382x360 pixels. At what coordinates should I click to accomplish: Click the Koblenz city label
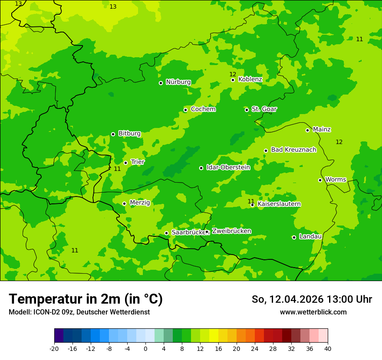point(250,79)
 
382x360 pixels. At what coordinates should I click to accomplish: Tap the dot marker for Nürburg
point(161,83)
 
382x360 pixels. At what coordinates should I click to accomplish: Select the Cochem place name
point(203,109)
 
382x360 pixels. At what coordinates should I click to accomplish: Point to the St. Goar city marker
point(247,110)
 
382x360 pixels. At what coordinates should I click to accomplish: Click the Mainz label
point(322,129)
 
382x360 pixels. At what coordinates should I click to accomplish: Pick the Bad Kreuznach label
point(293,150)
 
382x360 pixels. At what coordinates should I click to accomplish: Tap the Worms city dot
point(320,180)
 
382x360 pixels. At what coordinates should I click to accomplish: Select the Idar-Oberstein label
point(228,167)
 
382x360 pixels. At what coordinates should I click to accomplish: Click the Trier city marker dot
point(125,163)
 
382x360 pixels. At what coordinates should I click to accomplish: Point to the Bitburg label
point(129,134)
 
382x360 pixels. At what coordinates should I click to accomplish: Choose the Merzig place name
point(140,203)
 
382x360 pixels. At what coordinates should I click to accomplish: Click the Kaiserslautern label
point(279,204)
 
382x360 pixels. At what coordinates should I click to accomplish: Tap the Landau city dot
point(294,237)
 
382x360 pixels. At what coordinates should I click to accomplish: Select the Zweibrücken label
point(231,231)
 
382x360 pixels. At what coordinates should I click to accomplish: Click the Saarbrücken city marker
point(166,233)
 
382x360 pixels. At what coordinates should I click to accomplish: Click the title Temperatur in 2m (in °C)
point(86,299)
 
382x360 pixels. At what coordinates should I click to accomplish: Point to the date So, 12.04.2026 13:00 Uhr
point(312,299)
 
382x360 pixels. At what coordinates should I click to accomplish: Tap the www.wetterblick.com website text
point(313,312)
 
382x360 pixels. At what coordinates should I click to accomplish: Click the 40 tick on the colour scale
point(328,349)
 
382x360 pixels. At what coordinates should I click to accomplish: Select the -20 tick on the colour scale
point(54,349)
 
